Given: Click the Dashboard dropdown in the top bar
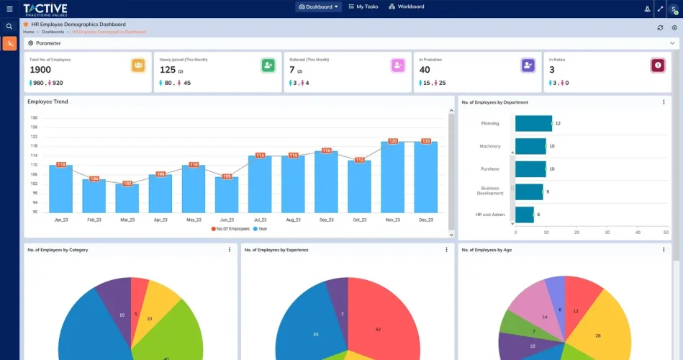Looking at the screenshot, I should tap(318, 7).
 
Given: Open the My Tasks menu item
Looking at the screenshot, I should tap(363, 7).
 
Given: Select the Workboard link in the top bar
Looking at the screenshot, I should tap(407, 7).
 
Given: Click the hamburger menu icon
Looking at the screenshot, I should tap(9, 9).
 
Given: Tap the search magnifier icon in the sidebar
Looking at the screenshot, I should tap(9, 27).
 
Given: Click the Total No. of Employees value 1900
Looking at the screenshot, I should tap(40, 70).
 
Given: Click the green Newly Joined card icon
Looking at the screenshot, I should tap(268, 66).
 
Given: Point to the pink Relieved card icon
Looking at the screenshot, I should tap(397, 66).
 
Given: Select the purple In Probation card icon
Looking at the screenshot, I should tap(528, 66).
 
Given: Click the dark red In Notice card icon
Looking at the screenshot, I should tap(658, 66).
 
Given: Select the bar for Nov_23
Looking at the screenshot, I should tap(392, 178).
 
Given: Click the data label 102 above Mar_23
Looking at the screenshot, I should tap(127, 184).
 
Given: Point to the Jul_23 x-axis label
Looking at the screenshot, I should tap(260, 220).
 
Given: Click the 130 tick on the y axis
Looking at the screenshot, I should tap(34, 117).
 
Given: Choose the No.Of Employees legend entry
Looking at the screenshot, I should tap(230, 228).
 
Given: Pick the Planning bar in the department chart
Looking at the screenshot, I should tap(533, 123).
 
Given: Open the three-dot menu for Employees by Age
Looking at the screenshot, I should tap(664, 250).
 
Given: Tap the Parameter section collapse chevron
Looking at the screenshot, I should tap(672, 43).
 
